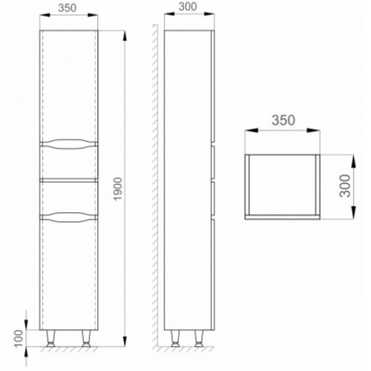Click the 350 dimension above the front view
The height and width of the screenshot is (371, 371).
click(67, 8)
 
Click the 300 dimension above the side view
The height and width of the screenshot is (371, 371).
click(188, 7)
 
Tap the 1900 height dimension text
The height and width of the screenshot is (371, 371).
click(118, 189)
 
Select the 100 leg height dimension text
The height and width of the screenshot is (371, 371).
click(19, 338)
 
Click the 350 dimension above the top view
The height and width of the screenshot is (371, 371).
click(283, 120)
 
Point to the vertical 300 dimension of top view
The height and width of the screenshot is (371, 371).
click(345, 185)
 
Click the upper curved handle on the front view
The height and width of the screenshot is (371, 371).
click(68, 144)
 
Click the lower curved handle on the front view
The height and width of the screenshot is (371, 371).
click(68, 217)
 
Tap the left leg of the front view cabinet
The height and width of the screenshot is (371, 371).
click(51, 338)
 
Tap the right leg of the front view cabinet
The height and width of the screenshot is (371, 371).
click(86, 338)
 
